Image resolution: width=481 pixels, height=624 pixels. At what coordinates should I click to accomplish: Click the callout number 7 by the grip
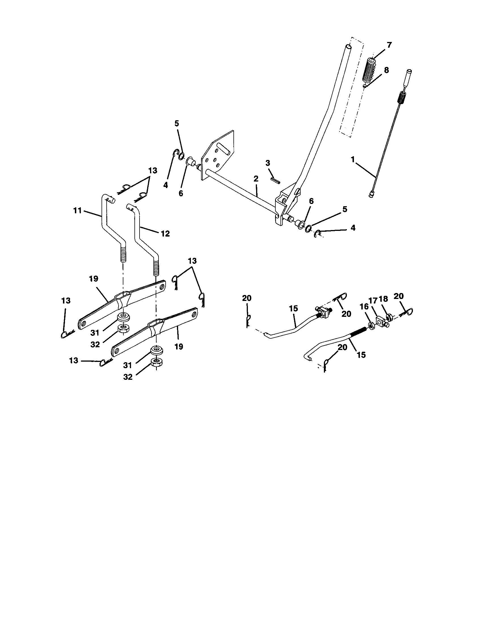[389, 45]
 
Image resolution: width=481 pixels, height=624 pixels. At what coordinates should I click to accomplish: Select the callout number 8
[386, 70]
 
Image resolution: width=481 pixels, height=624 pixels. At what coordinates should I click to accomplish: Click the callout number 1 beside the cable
[353, 159]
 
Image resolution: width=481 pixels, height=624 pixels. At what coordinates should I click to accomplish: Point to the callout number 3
[268, 163]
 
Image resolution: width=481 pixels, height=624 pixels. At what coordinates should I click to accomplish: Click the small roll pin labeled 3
[275, 180]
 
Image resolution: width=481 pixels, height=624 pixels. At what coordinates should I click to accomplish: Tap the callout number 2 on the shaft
[256, 179]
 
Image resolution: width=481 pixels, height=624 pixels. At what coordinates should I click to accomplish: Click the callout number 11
[77, 211]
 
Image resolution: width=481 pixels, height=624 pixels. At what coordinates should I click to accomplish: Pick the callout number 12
[165, 234]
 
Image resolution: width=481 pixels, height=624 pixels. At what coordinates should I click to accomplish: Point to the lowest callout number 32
[128, 377]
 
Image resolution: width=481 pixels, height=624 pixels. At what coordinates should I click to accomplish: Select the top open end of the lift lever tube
[348, 46]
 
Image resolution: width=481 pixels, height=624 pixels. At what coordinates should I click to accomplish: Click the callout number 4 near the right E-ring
[353, 228]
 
